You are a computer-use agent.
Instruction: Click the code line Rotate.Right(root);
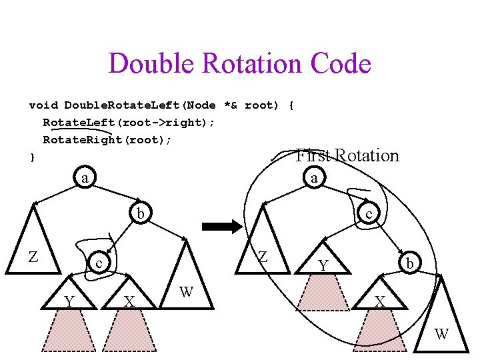click(x=107, y=139)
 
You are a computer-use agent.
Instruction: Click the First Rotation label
click(x=347, y=155)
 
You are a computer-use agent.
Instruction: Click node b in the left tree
click(x=140, y=213)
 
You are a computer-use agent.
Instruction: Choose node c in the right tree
click(x=367, y=213)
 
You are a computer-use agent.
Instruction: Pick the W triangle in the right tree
click(x=441, y=320)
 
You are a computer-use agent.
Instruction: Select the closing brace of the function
click(x=31, y=157)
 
